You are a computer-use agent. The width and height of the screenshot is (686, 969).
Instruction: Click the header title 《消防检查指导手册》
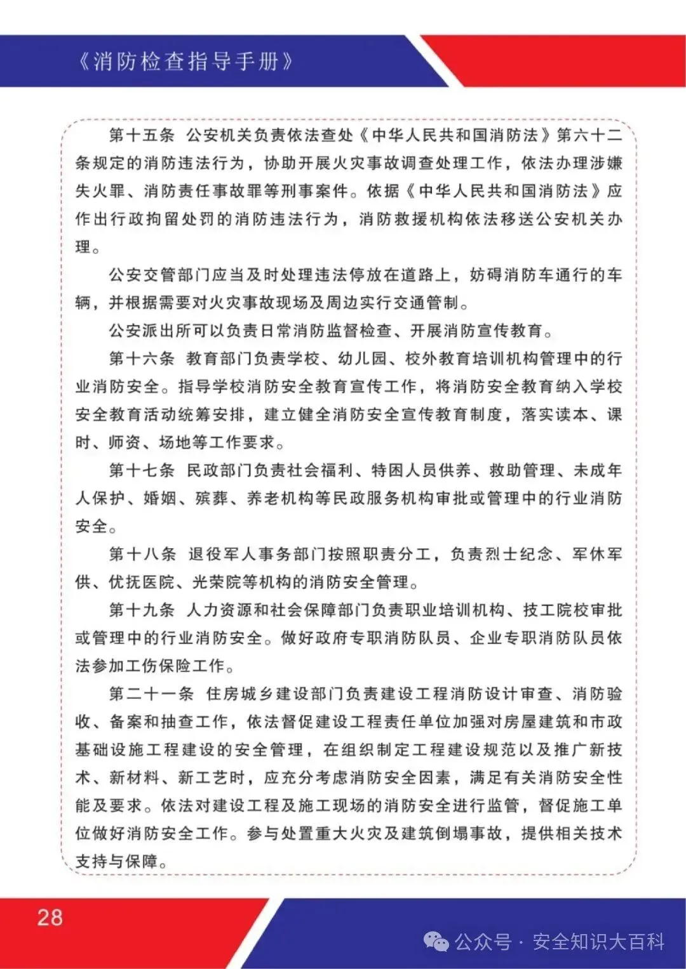pos(184,62)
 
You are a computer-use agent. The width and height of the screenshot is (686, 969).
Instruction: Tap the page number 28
pos(50,918)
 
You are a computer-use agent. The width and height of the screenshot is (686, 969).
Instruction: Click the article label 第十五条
pos(142,135)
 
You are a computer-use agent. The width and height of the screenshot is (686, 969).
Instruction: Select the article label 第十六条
pos(142,359)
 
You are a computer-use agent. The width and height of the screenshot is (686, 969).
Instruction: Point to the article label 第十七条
pos(142,470)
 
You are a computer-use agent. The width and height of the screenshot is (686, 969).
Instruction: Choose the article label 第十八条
pos(142,554)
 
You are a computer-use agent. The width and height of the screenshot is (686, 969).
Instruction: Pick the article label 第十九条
pos(142,610)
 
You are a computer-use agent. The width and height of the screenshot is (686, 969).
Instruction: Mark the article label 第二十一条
pos(151,694)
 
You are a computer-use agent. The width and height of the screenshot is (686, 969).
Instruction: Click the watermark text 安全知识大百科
pos(599,942)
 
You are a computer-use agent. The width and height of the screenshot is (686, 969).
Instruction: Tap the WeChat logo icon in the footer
pos(436,942)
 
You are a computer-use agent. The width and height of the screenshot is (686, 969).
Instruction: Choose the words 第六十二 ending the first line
pos(589,135)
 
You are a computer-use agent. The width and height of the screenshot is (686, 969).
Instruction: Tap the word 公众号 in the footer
pos(483,942)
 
